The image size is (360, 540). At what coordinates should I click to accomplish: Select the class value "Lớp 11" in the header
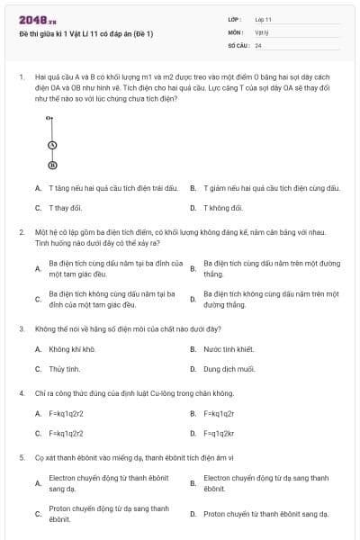pos(263,19)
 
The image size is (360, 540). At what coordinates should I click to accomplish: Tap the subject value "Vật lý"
pos(262,31)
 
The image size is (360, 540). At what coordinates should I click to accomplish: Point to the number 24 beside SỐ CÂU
pos(258,44)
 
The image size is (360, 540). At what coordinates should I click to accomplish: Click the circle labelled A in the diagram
pos(52,145)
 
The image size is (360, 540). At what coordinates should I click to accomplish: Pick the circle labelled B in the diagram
pos(52,165)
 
